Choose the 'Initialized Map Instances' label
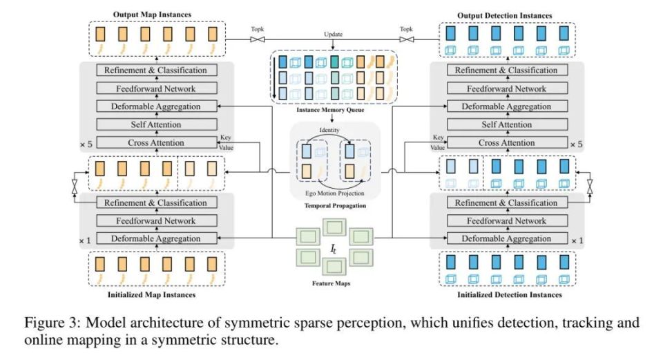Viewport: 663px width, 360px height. [151, 295]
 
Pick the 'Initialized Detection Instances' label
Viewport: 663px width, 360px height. [509, 295]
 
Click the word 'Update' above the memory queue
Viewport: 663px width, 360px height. [333, 33]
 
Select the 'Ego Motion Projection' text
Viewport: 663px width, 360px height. [333, 193]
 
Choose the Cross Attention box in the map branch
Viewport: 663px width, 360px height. [155, 143]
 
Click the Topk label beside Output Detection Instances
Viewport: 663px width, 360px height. [405, 30]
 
